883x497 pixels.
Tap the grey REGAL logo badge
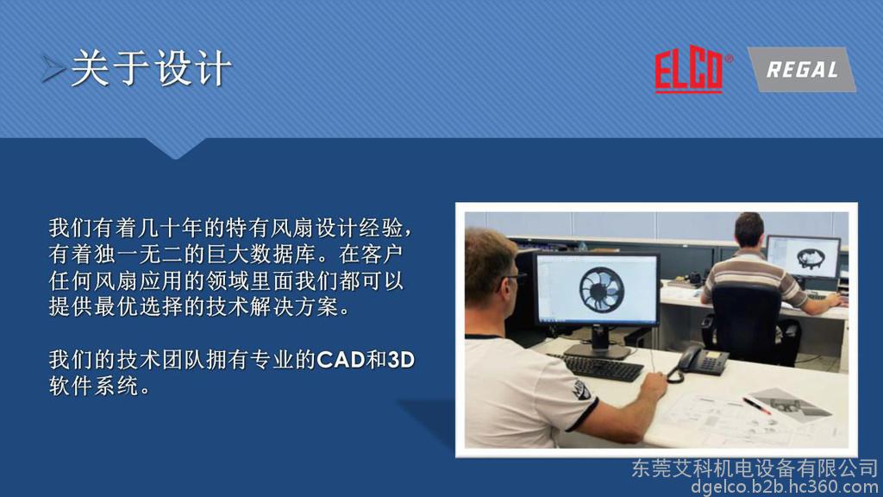coord(802,69)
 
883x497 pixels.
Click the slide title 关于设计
coord(152,68)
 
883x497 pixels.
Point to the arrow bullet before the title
coord(53,69)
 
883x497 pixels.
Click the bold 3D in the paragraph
coord(401,360)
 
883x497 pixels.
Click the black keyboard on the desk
coord(600,367)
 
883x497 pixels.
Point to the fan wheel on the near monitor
coord(601,289)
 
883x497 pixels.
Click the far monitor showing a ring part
coord(804,257)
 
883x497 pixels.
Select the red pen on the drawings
coord(756,406)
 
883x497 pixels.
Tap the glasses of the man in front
coord(514,279)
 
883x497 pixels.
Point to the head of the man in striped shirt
coord(749,231)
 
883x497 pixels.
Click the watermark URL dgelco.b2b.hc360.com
coord(785,487)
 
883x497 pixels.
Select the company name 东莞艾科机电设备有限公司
coord(755,468)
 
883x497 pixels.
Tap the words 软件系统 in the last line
coord(93,386)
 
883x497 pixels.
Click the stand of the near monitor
coord(598,342)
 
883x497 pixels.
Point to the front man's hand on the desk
coord(654,386)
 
